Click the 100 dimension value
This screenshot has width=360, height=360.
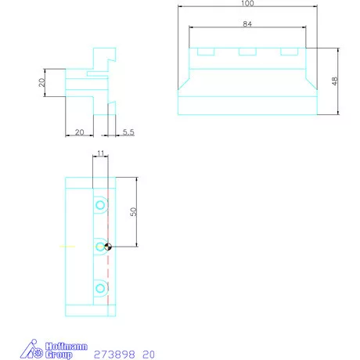tap(247, 4)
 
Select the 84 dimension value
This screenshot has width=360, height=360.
tap(247, 23)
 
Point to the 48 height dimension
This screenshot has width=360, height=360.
tap(334, 82)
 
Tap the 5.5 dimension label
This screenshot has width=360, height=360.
tap(128, 133)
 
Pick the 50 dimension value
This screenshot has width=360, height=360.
tap(135, 212)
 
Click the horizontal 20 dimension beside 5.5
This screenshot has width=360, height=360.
tap(79, 133)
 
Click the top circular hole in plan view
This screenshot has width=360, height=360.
tap(100, 205)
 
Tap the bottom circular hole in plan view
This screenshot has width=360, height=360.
tap(100, 289)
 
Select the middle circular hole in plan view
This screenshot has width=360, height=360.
tap(100, 247)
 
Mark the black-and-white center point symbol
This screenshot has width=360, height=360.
tap(108, 247)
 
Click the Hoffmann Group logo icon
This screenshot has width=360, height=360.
tap(30, 348)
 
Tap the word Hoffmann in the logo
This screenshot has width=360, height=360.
tap(59, 344)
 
